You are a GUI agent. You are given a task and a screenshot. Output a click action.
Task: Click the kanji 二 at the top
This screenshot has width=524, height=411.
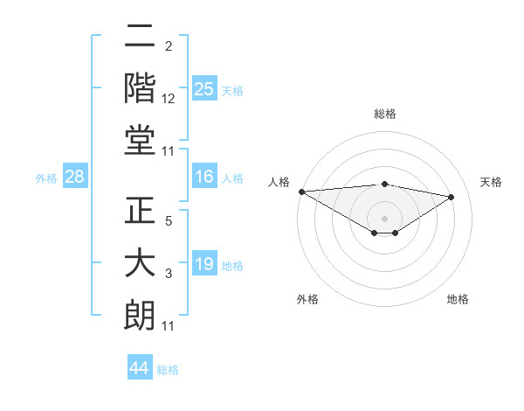click(x=140, y=38)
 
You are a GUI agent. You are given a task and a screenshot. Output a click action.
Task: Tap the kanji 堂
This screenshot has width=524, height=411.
click(x=140, y=140)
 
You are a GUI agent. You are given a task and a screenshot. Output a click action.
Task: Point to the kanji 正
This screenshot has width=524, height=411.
click(x=140, y=210)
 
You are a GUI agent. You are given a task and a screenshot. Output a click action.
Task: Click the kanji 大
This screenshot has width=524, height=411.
click(x=140, y=264)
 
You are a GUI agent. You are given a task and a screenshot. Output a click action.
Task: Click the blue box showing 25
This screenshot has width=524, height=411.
click(x=204, y=88)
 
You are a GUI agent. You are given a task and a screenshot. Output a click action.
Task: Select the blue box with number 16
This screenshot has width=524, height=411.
click(x=204, y=178)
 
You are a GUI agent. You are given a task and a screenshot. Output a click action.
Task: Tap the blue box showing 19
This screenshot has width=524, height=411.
click(x=204, y=264)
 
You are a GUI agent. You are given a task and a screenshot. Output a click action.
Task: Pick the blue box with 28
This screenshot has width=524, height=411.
click(x=75, y=178)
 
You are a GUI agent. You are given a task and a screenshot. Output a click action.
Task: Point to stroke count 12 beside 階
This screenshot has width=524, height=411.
click(x=169, y=99)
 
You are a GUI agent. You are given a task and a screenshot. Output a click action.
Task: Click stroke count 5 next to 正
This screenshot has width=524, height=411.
click(x=169, y=220)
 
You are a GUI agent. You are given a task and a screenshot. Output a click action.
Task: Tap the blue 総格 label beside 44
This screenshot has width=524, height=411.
click(x=168, y=370)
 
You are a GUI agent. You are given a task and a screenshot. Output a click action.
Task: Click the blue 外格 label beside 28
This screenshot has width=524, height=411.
click(x=46, y=178)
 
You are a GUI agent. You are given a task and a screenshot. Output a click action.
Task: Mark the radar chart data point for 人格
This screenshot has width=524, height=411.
click(x=301, y=192)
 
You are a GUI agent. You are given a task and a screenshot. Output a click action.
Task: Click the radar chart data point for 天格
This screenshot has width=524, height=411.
click(x=452, y=197)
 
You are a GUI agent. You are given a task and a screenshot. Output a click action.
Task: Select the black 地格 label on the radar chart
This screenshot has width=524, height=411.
click(x=458, y=300)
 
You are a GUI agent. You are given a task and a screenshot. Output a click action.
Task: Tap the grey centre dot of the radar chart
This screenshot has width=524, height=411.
click(x=384, y=218)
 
